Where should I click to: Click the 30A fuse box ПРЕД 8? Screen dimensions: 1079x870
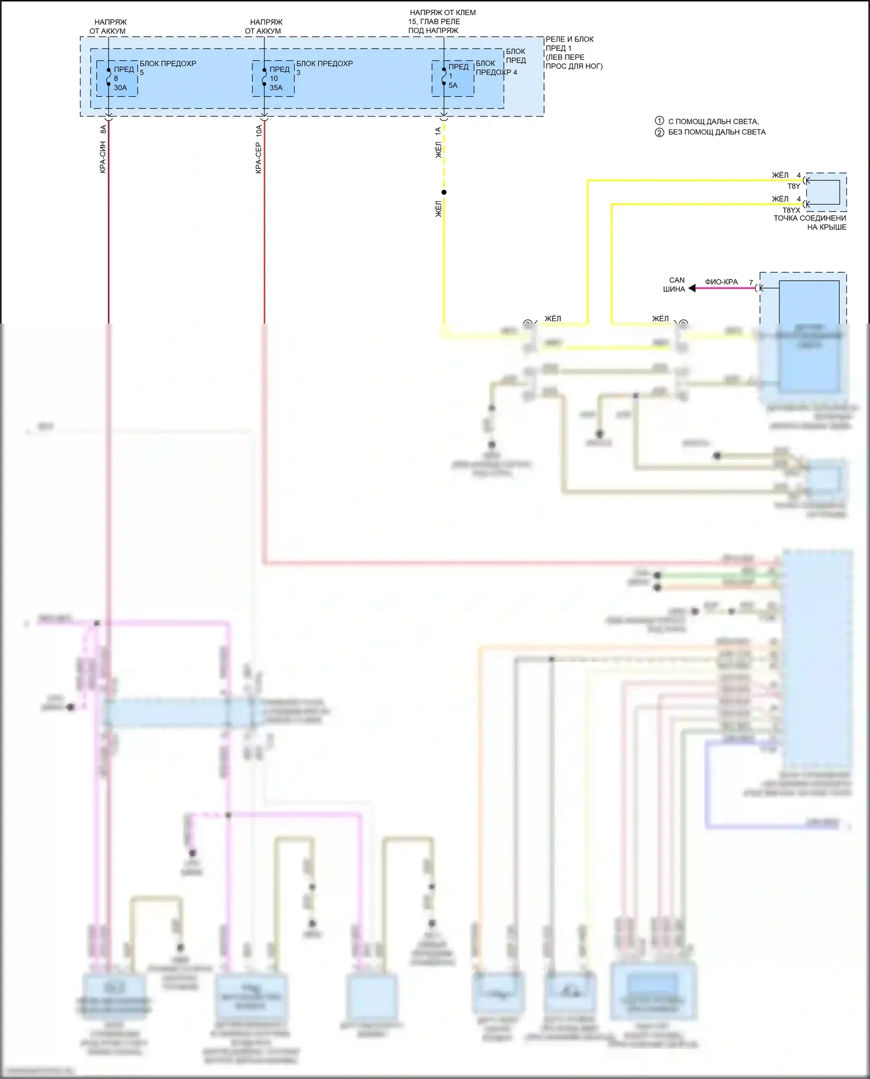click(117, 78)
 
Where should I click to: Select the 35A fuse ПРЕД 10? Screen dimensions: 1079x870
click(273, 78)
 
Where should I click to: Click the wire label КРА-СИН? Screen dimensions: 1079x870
click(103, 157)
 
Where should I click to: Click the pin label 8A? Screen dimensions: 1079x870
click(103, 129)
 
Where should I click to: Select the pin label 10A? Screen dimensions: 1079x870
click(259, 130)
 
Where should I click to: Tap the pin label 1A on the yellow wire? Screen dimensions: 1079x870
click(438, 132)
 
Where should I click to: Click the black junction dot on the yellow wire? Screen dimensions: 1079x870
click(444, 192)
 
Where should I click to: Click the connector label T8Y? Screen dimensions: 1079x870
click(793, 187)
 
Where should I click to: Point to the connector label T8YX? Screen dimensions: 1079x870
click(791, 210)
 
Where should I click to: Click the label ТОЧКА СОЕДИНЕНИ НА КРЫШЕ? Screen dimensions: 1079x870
click(810, 223)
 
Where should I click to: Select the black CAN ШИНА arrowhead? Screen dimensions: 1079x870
click(692, 288)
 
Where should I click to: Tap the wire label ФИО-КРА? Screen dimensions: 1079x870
click(721, 282)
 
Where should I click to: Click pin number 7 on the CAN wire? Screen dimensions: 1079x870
click(751, 283)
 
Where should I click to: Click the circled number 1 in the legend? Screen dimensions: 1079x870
click(659, 121)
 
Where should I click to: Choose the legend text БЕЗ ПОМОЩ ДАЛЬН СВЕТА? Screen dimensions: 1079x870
click(717, 132)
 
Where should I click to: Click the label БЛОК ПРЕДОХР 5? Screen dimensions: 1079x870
click(168, 64)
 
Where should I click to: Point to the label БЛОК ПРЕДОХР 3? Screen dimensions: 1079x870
click(324, 64)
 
